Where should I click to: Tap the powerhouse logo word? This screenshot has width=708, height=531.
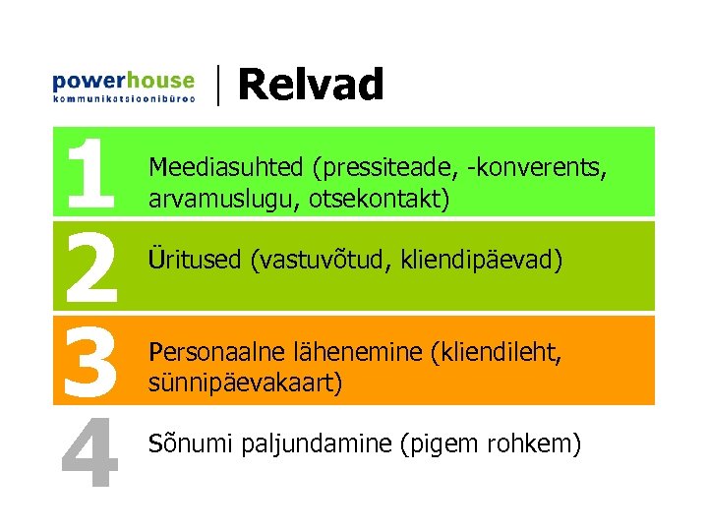coord(123,81)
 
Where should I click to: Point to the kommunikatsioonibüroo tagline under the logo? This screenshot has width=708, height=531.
coord(123,99)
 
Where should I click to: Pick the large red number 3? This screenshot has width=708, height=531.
coord(89,360)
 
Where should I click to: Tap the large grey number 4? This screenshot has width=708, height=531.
coord(89,452)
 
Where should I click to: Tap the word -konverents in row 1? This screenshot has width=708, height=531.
coord(539,168)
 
